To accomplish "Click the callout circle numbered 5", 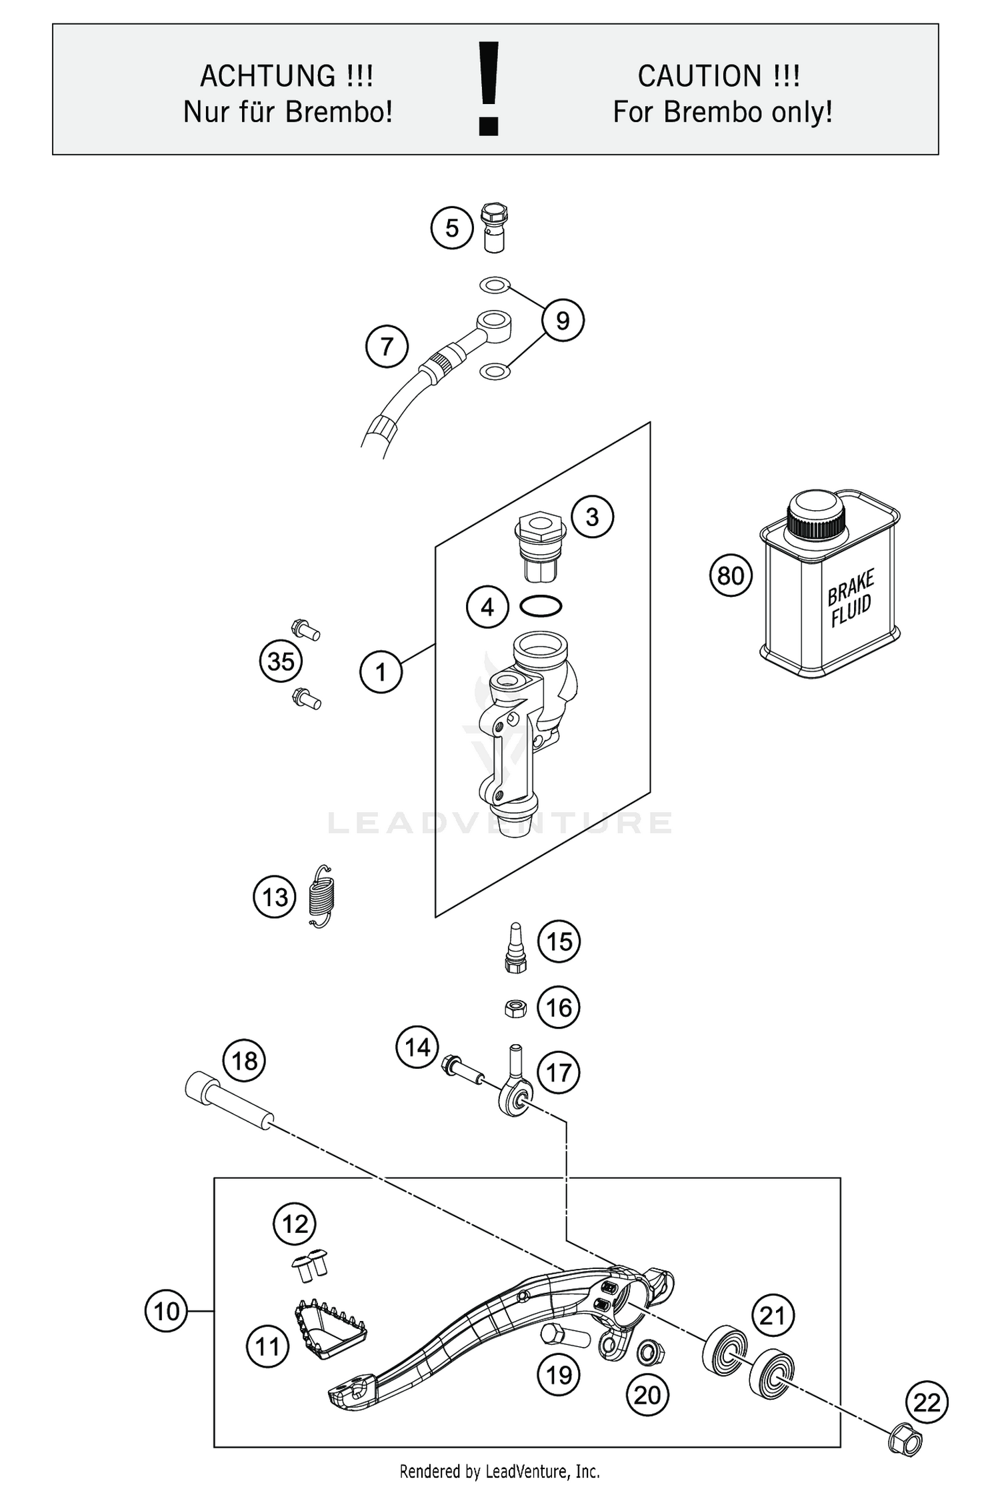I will tap(452, 229).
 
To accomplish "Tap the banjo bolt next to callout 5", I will tap(494, 227).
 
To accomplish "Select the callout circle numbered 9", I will tap(563, 321).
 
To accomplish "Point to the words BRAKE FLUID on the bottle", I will tap(850, 599).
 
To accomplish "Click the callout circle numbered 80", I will tap(731, 575).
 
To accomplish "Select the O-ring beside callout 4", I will tap(541, 606).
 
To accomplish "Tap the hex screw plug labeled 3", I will tap(540, 546).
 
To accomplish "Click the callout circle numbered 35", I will tap(281, 661).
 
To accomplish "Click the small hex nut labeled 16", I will tap(515, 1009).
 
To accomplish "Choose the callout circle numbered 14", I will tap(417, 1048).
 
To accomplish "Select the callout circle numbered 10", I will tap(166, 1312).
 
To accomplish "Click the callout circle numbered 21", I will tap(773, 1315).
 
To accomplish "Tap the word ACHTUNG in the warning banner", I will tap(287, 76).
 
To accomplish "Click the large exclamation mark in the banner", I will tap(489, 89).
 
